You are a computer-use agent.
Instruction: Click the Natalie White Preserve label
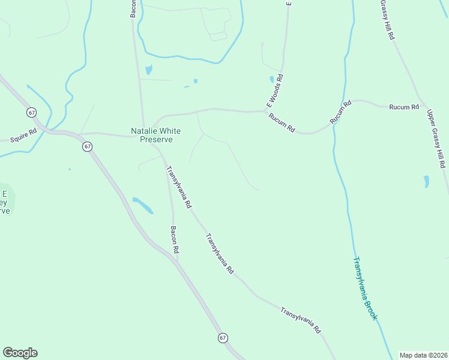pyautogui.click(x=156, y=135)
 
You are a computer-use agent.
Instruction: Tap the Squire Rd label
pyautogui.click(x=23, y=135)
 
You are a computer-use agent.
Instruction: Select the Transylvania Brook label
pyautogui.click(x=364, y=289)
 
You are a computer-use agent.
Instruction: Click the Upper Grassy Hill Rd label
pyautogui.click(x=436, y=139)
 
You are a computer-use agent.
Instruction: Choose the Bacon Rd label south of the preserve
pyautogui.click(x=175, y=240)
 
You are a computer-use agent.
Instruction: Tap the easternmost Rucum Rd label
pyautogui.click(x=404, y=107)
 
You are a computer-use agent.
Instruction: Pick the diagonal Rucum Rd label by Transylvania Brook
pyautogui.click(x=340, y=113)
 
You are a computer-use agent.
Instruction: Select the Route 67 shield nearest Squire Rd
pyautogui.click(x=31, y=112)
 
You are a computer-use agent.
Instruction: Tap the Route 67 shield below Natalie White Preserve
pyautogui.click(x=88, y=146)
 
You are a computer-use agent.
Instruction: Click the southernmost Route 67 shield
pyautogui.click(x=223, y=338)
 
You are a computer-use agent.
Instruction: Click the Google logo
pyautogui.click(x=20, y=353)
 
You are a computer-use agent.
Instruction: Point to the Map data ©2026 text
pyautogui.click(x=423, y=355)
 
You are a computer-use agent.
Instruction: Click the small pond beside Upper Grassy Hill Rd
pyautogui.click(x=426, y=181)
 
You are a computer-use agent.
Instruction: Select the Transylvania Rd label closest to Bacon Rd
pyautogui.click(x=178, y=187)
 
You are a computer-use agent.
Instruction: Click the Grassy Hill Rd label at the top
pyautogui.click(x=387, y=20)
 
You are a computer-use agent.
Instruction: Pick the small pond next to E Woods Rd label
pyautogui.click(x=272, y=79)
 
